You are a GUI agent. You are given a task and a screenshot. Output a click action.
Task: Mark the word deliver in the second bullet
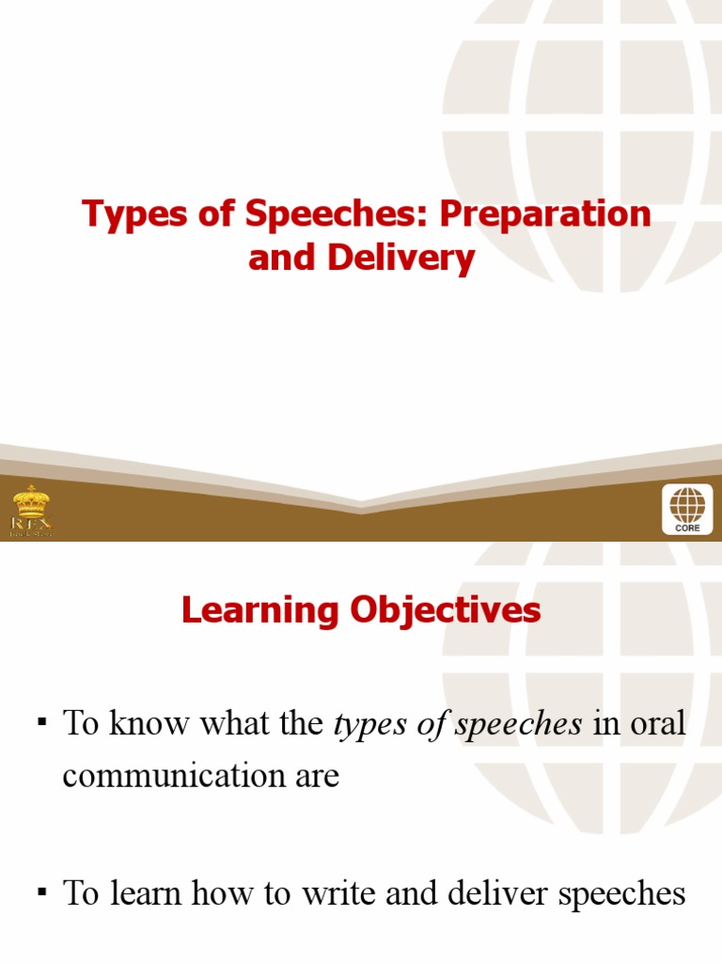500,894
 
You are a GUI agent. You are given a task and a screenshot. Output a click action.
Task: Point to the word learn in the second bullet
148,894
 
